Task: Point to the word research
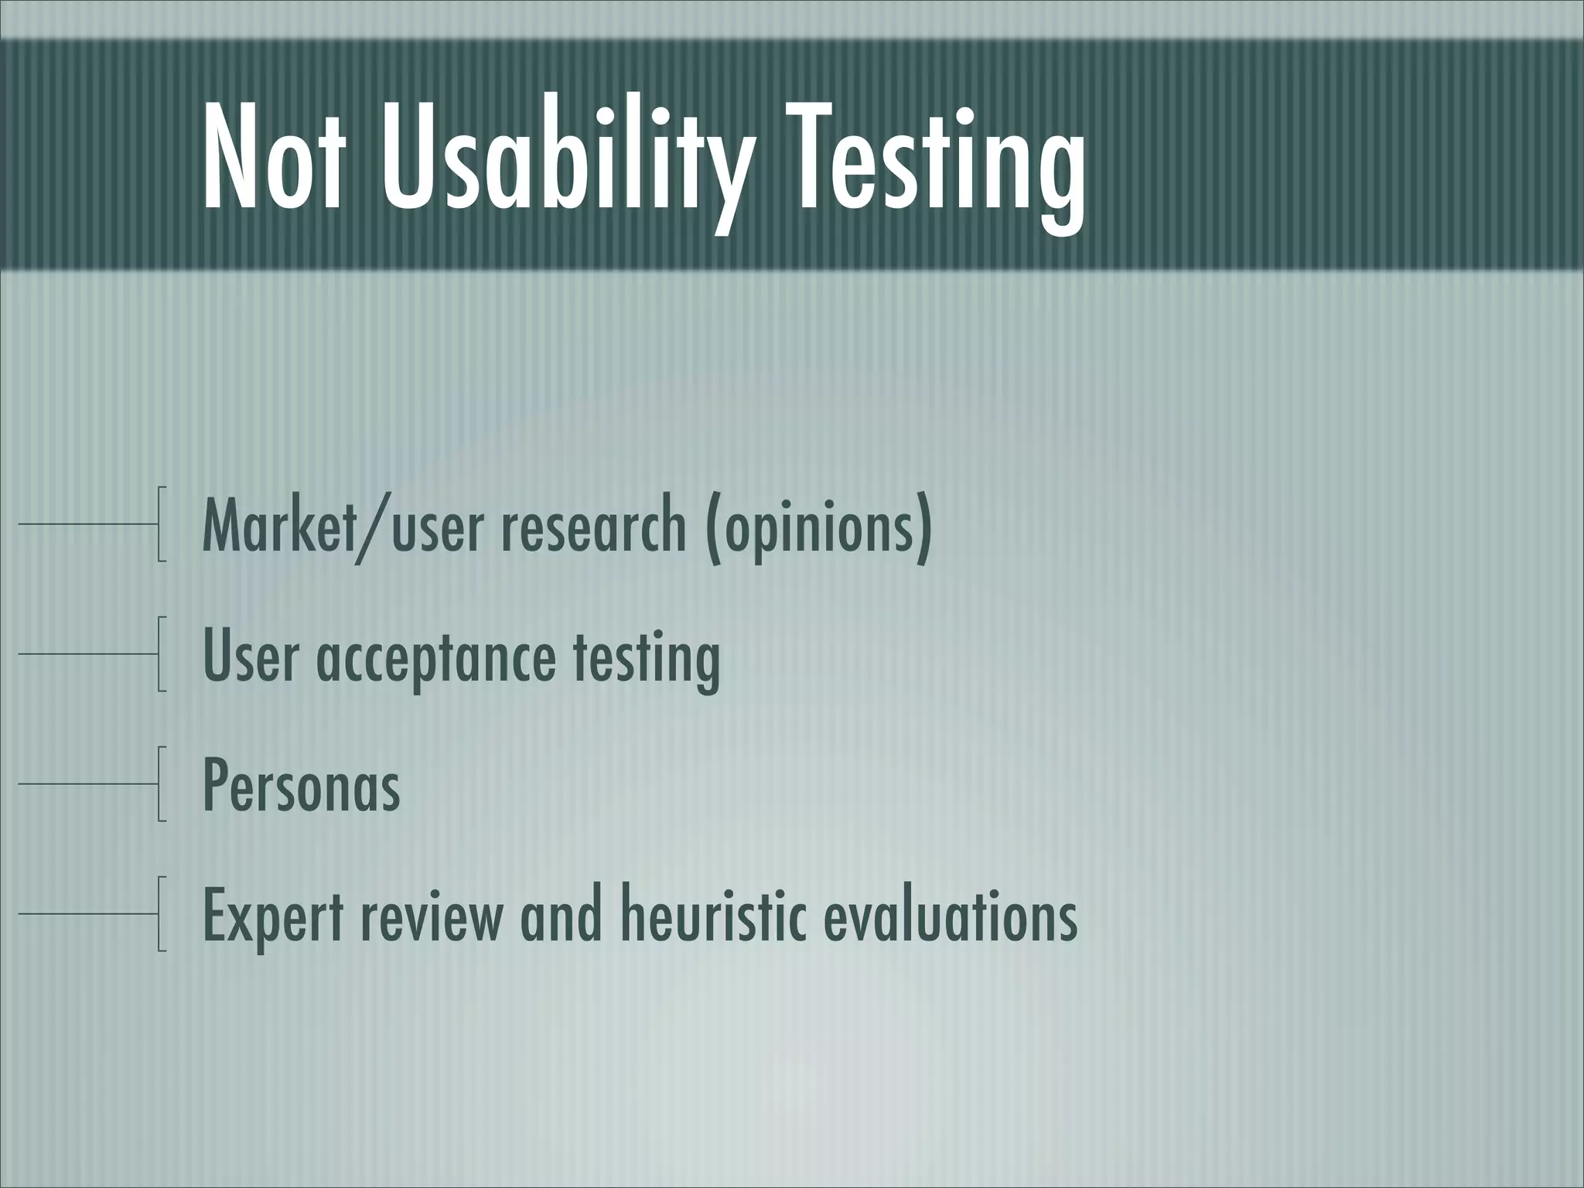pos(593,526)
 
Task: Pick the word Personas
pos(302,786)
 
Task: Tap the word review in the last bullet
pos(431,916)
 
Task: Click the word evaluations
pos(950,916)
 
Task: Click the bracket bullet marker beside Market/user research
pos(161,524)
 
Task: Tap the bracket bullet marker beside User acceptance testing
pos(161,654)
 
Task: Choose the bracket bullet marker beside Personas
pos(161,783)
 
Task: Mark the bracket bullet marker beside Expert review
pos(161,913)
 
